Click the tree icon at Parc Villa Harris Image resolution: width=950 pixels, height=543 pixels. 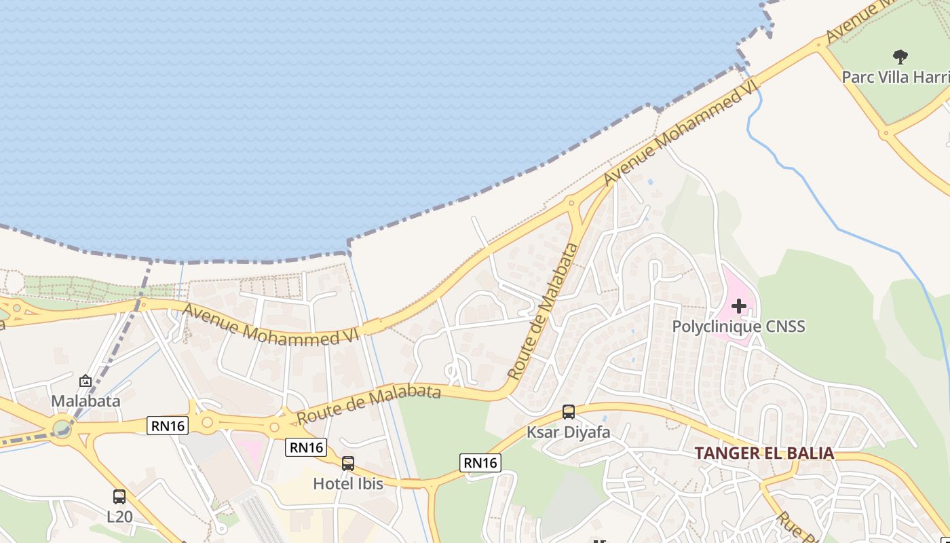(900, 56)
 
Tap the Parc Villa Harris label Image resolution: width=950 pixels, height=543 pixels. (895, 77)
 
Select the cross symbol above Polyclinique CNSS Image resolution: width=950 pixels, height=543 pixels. (739, 306)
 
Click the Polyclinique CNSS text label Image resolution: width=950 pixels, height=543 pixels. (738, 326)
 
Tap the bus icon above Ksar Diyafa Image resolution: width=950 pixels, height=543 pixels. (569, 412)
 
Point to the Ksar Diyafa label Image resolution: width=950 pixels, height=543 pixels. (569, 432)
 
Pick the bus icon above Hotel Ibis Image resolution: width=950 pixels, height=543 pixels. (348, 464)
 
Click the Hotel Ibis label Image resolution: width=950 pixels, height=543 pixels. (348, 484)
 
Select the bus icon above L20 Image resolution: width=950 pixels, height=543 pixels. (119, 497)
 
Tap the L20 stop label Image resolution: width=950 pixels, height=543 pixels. (119, 517)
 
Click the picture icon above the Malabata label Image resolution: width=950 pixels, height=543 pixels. (85, 381)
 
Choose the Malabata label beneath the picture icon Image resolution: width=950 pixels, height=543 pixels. (85, 401)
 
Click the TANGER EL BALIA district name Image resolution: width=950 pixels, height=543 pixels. (763, 453)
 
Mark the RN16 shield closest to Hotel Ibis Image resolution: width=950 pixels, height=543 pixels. (306, 447)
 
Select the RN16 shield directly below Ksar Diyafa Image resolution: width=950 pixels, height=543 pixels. (480, 463)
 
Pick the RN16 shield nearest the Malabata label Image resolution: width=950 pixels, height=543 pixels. (168, 426)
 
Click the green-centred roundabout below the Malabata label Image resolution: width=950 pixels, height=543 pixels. (62, 429)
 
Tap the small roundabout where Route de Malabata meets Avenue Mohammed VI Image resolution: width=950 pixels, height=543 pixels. (571, 202)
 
